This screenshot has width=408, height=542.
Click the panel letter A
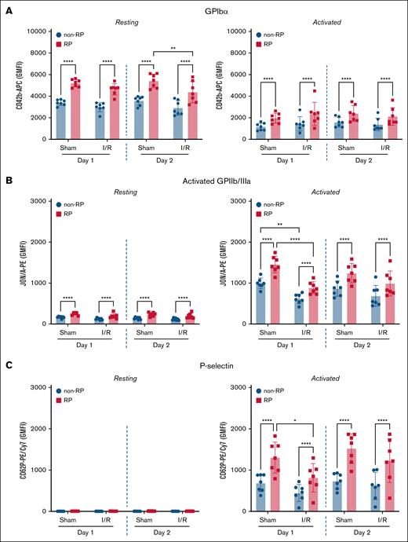click(x=8, y=7)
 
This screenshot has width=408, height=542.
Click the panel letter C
click(x=8, y=363)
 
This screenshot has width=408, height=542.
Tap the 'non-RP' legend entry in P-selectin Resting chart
click(x=71, y=389)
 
